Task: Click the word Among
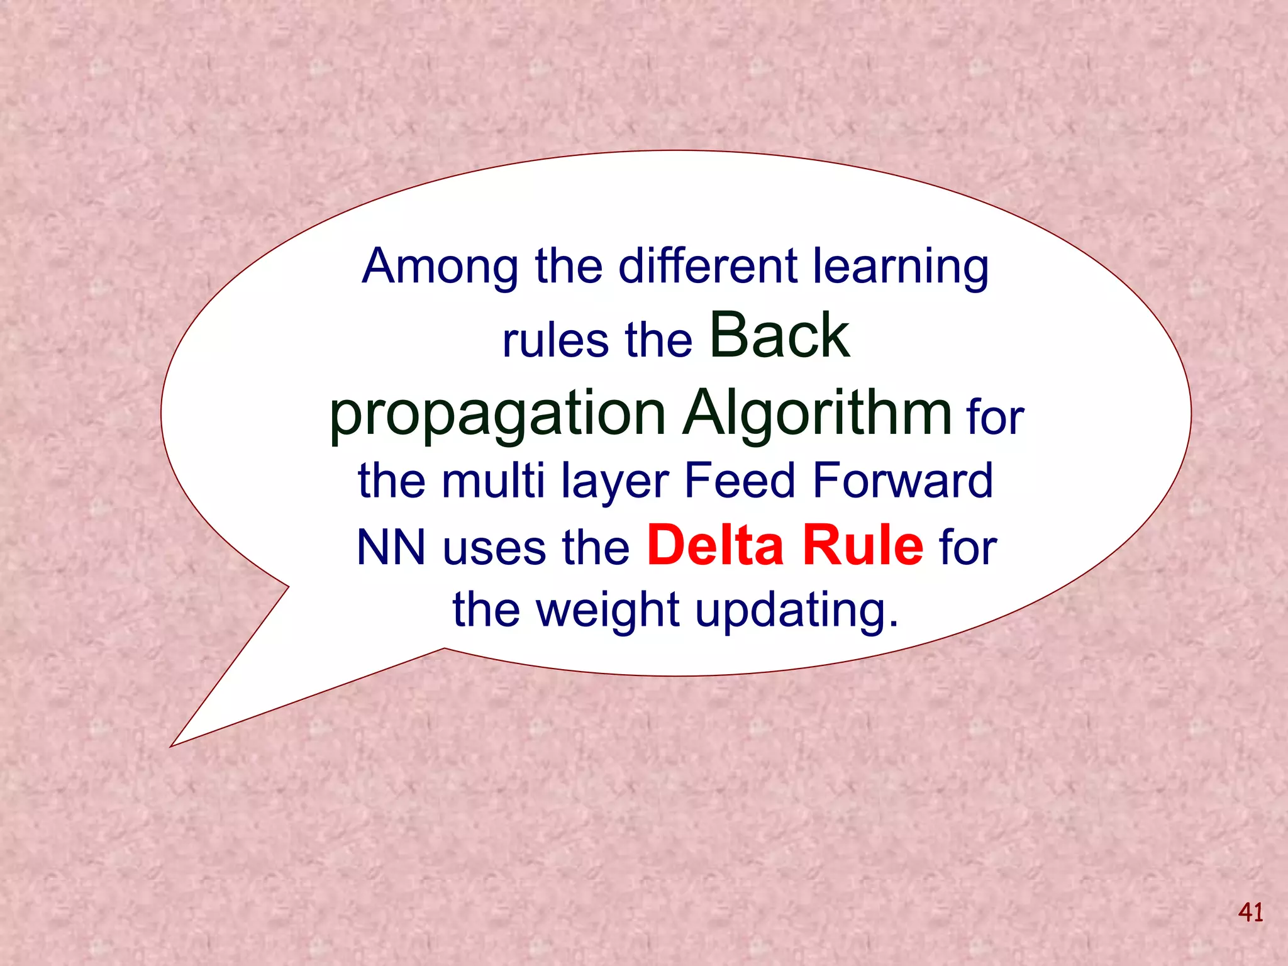tap(440, 267)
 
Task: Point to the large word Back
tap(780, 336)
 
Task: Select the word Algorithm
tap(818, 414)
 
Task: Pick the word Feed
tap(740, 480)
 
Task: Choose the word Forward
tap(902, 480)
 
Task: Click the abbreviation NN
tap(391, 547)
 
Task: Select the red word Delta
tap(715, 545)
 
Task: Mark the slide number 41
tap(1250, 912)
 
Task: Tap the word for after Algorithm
tap(996, 418)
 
